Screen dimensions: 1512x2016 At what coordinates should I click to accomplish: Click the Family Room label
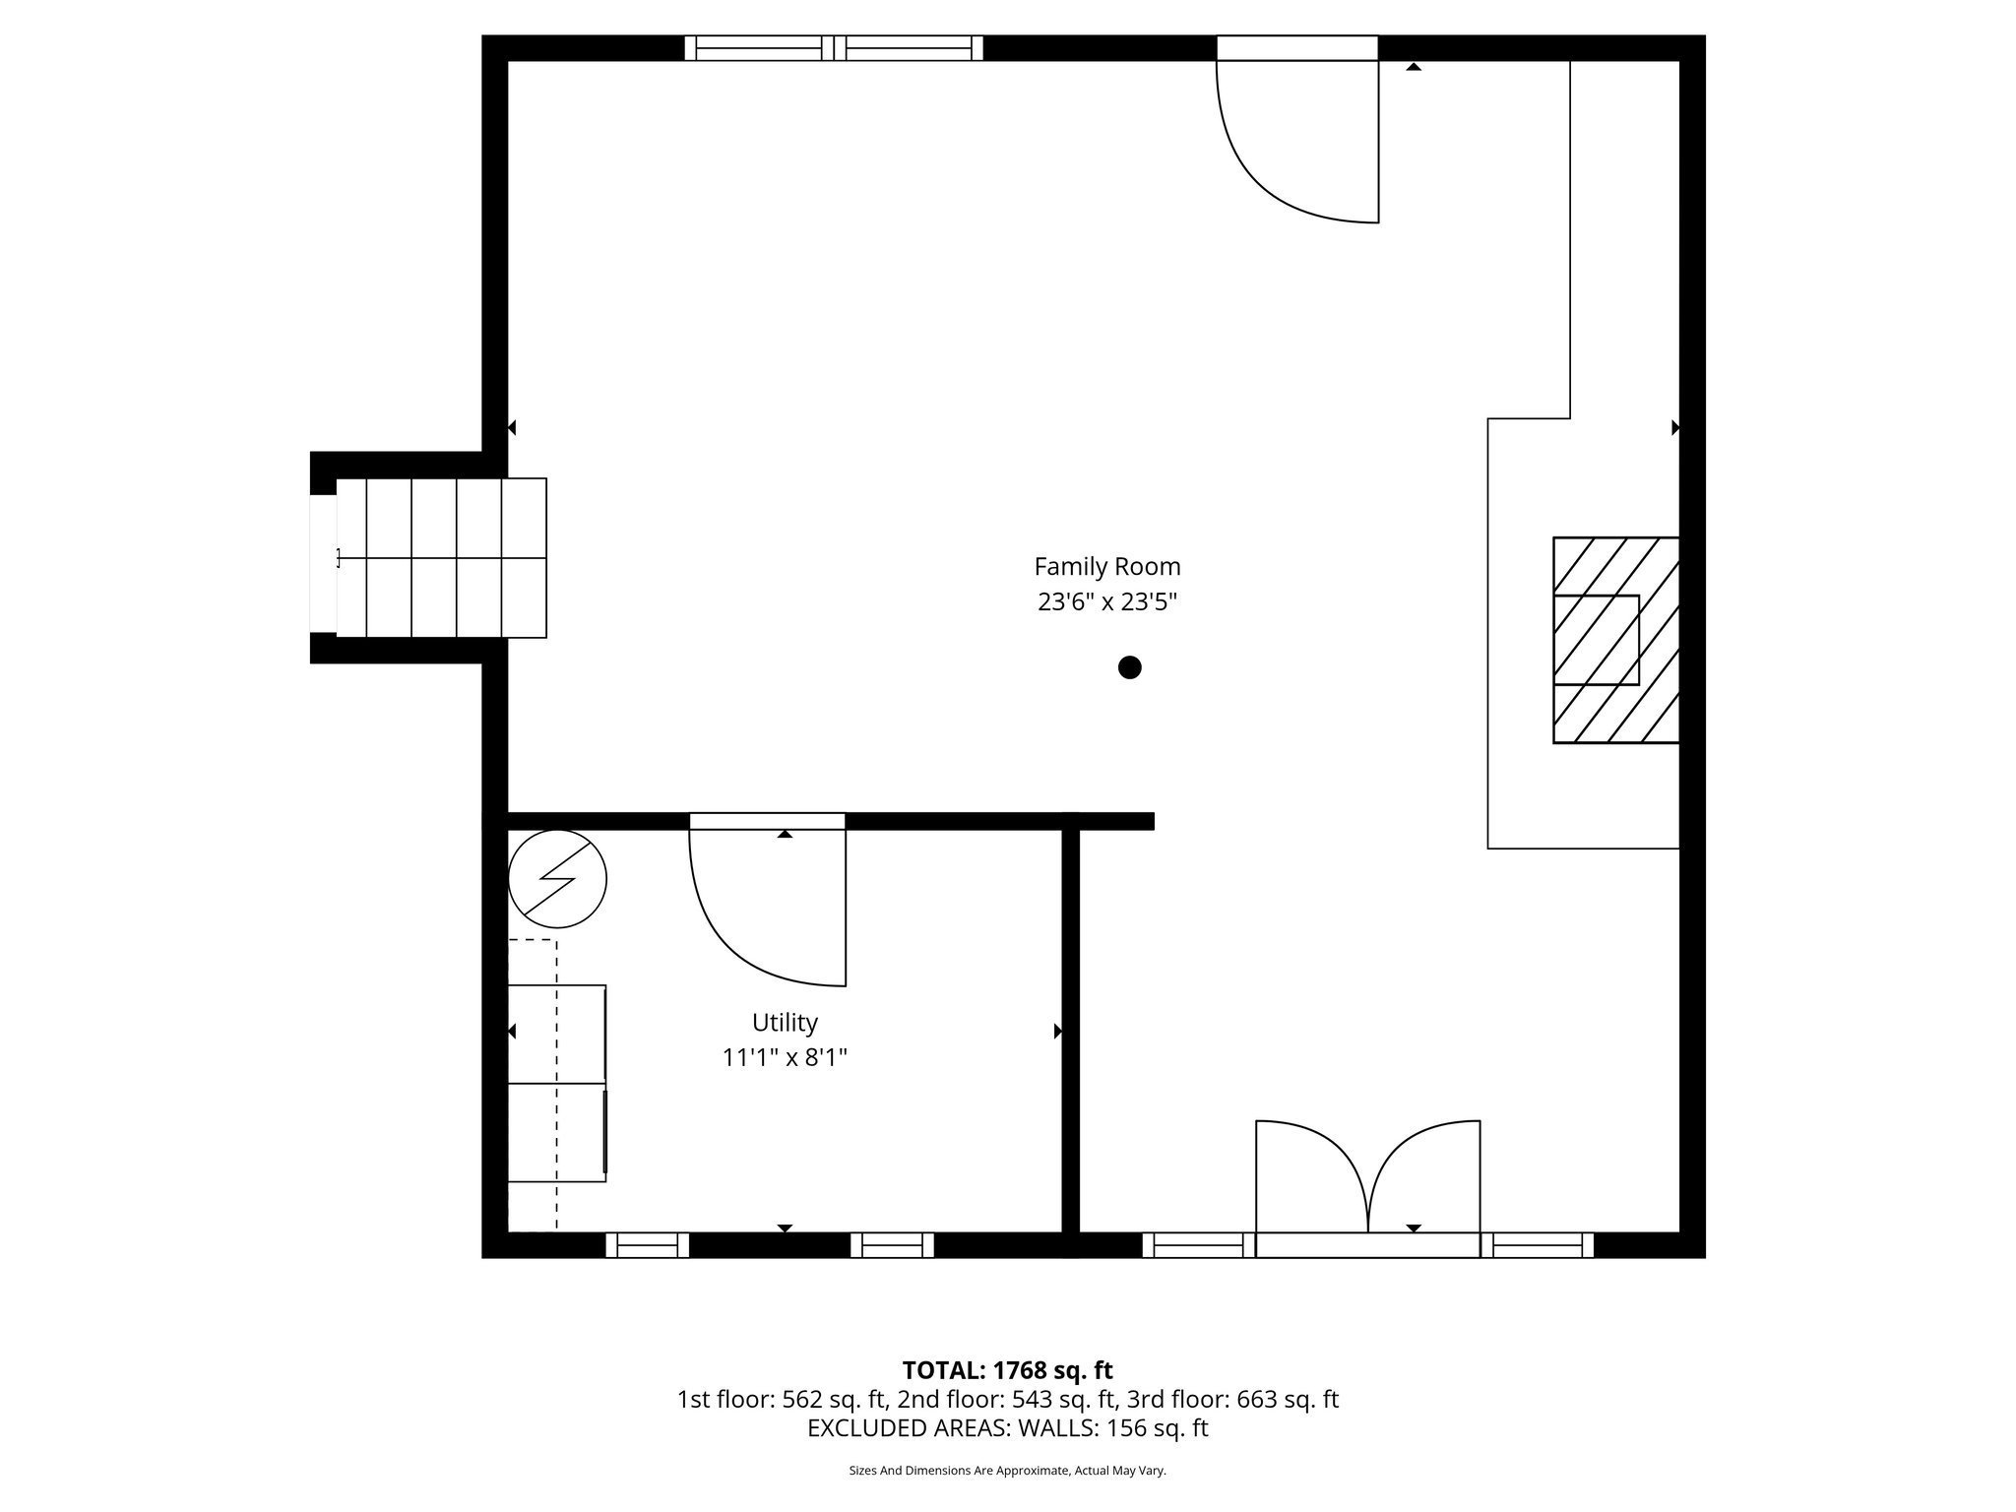[1106, 567]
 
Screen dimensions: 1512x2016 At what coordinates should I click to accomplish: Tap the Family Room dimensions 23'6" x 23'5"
[1106, 601]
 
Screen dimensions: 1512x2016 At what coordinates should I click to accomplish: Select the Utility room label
[785, 1023]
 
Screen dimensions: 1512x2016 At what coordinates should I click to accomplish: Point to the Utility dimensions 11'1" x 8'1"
[785, 1058]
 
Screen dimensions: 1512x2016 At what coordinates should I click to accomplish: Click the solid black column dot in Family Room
[1129, 667]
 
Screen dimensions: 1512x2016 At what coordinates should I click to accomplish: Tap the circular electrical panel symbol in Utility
[557, 879]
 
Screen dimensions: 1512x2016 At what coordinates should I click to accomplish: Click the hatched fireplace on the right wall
[1614, 640]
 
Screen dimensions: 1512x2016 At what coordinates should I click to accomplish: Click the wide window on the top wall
[834, 48]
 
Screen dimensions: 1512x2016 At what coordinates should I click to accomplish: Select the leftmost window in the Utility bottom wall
[647, 1245]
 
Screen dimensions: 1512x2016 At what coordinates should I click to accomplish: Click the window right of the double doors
[1538, 1245]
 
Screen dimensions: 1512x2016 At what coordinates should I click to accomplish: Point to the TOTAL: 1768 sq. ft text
[1007, 1370]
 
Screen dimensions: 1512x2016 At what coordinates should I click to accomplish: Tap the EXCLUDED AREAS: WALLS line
[1007, 1428]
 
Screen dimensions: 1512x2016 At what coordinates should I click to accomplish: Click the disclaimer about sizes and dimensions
[1007, 1471]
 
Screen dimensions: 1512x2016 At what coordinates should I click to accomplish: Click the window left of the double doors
[1198, 1245]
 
